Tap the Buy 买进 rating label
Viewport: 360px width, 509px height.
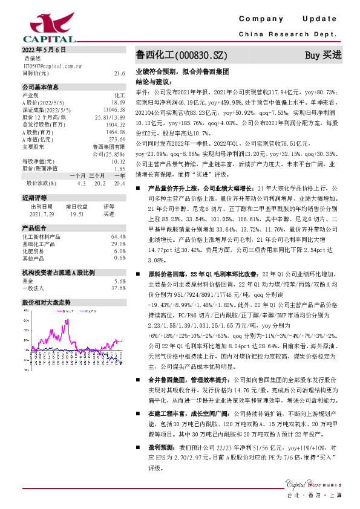tap(323, 55)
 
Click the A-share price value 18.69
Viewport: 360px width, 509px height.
tap(119, 103)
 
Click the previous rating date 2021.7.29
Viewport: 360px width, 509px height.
tap(41, 213)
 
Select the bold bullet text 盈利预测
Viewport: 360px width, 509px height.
tap(160, 447)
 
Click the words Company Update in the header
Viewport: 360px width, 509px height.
tap(291, 19)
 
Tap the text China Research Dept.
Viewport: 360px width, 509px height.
tap(290, 34)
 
